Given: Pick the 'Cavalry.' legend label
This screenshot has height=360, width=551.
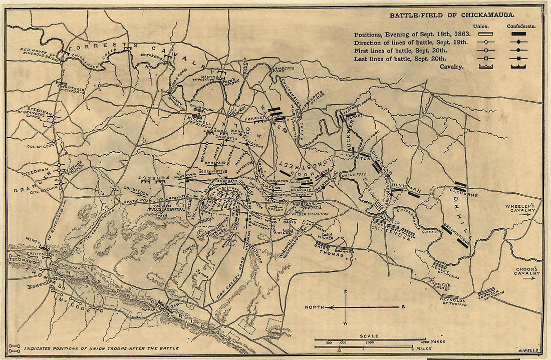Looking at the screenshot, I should (453, 67).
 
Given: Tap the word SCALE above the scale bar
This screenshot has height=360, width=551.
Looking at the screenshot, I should (368, 336).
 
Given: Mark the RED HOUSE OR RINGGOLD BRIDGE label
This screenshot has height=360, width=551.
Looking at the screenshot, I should (37, 52).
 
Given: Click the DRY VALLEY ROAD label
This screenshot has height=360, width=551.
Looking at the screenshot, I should (230, 284).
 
